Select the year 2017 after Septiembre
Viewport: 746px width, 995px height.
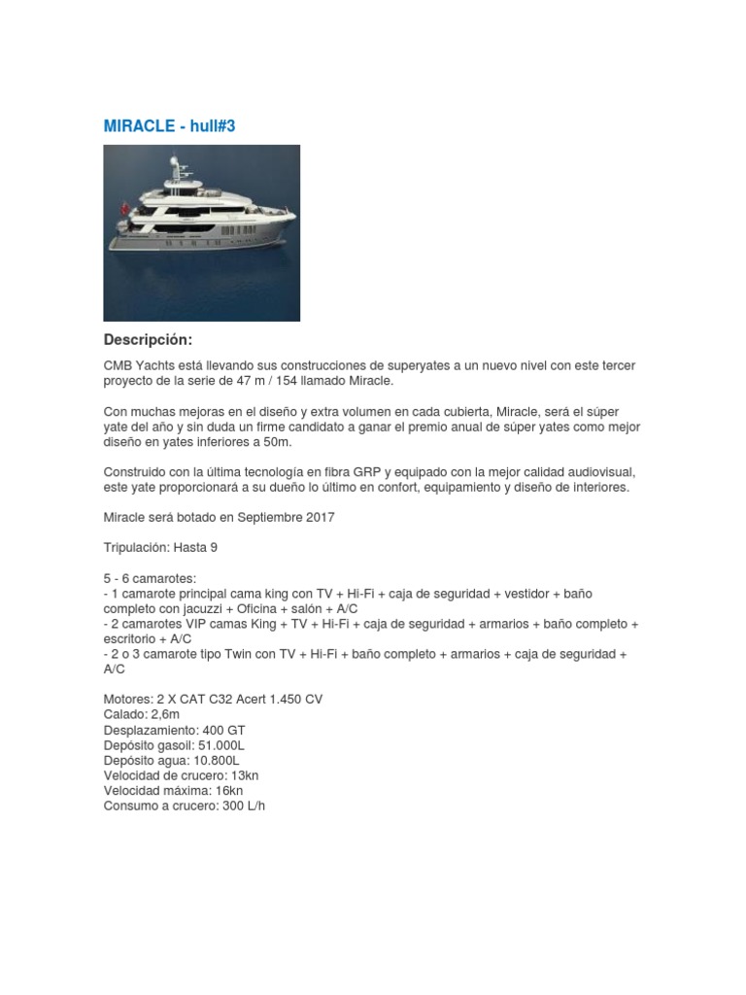tap(320, 517)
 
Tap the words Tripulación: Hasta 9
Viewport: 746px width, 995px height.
tap(160, 547)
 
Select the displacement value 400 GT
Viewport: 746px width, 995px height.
tap(224, 730)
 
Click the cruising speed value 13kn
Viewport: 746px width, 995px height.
tap(243, 775)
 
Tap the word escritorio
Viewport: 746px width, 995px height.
tap(134, 638)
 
